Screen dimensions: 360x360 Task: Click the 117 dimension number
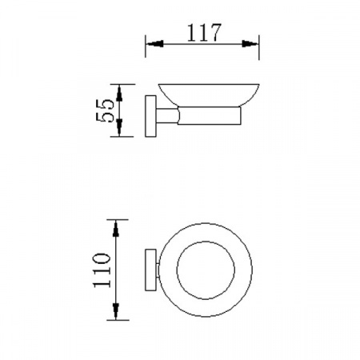pos(204,33)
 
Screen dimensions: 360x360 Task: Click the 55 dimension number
pos(105,110)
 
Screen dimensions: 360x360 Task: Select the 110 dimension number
pos(102,270)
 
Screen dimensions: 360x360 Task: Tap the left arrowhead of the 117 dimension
pos(155,44)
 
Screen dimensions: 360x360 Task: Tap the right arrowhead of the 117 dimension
pos(250,44)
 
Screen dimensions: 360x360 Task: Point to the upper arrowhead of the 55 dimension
pos(119,93)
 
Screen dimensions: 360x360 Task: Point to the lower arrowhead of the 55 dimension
pos(119,127)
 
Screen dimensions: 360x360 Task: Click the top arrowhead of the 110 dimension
pos(115,229)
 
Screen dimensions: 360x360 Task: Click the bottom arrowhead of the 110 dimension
pos(115,311)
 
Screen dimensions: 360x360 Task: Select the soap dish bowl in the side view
pos(209,95)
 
